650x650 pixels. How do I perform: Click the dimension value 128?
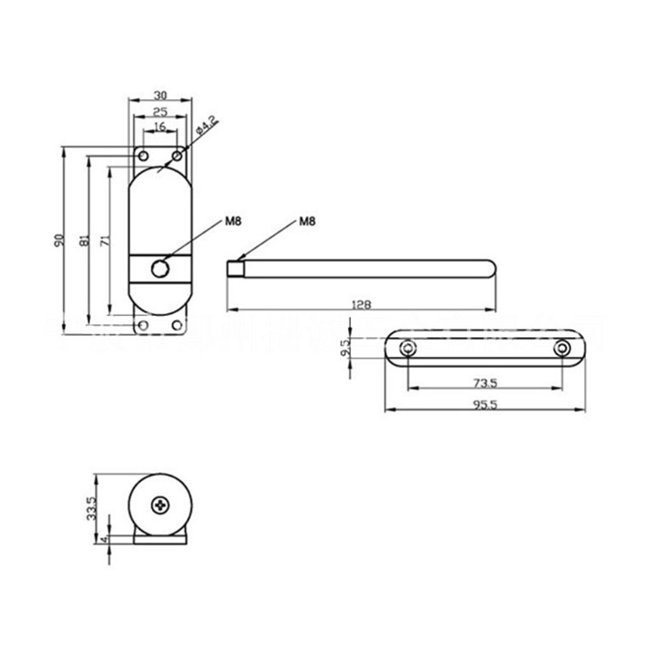coord(362,305)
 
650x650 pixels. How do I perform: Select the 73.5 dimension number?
coord(485,382)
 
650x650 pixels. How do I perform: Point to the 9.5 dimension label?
coord(344,348)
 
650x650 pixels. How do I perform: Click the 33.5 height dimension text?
coord(92,508)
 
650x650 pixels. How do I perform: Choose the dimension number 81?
coord(84,241)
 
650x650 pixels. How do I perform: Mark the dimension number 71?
coord(105,241)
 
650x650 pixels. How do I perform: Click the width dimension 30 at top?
coord(160,94)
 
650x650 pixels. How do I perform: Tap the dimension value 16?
coord(160,127)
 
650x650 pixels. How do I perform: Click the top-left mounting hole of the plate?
coord(143,155)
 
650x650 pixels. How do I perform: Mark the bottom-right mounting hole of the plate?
coord(178,326)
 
